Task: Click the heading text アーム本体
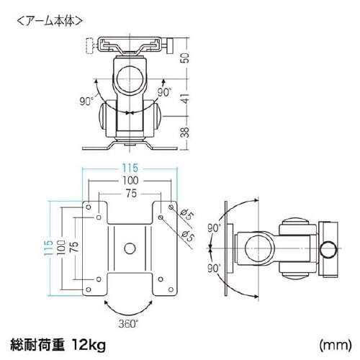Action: tap(50, 22)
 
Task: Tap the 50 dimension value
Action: tap(185, 58)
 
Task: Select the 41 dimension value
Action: tap(185, 98)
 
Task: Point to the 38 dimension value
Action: tap(185, 132)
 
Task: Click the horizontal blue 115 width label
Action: tap(130, 168)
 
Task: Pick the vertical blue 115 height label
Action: tap(48, 248)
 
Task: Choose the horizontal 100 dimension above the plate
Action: tap(130, 181)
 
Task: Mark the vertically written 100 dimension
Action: tap(61, 247)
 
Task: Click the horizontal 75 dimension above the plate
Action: tap(131, 194)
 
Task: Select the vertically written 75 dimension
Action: tap(74, 247)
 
